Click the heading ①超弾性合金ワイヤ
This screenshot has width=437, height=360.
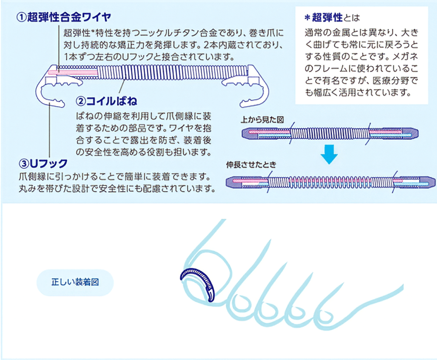coord(64,17)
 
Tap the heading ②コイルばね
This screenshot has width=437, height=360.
coord(106,101)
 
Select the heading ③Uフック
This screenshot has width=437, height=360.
coord(43,163)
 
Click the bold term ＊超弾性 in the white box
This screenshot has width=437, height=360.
coord(323,18)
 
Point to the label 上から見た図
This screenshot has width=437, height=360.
coord(262,120)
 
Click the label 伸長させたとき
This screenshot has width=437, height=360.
coord(251,165)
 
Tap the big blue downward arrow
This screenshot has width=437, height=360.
coord(329,153)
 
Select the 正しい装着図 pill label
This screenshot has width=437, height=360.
coord(75,282)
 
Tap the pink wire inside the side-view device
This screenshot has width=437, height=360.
coord(73,72)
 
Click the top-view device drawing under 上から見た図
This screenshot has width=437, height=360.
coord(330,133)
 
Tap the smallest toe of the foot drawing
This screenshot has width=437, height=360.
coord(326,316)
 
